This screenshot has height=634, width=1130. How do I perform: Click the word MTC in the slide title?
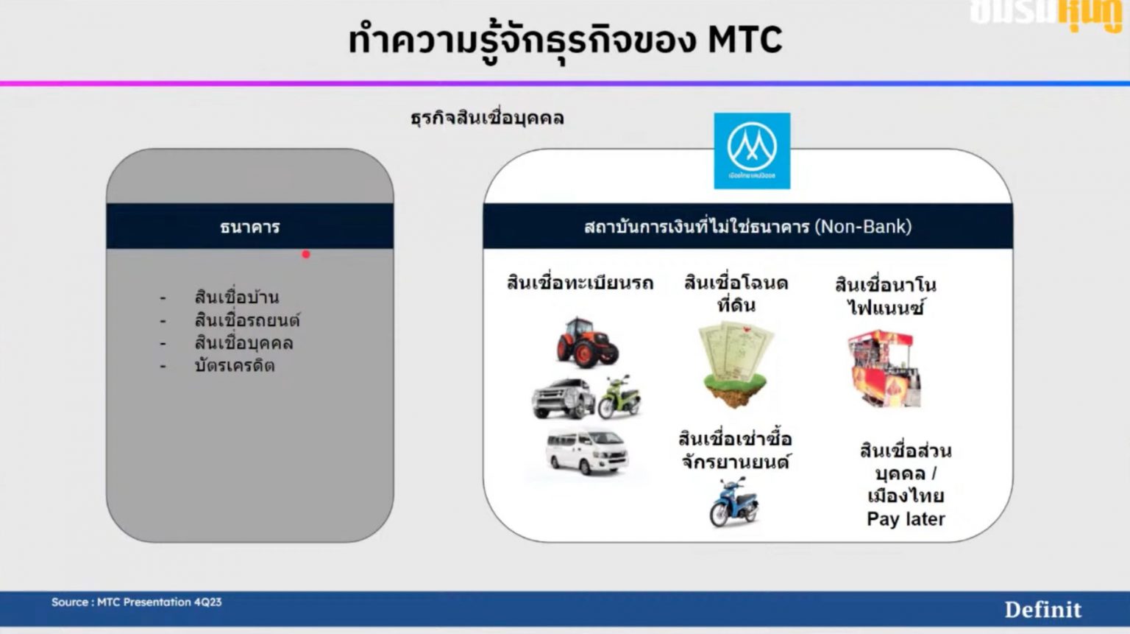click(745, 40)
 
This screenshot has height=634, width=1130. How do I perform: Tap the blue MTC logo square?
click(752, 151)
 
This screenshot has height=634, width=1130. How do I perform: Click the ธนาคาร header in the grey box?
click(250, 227)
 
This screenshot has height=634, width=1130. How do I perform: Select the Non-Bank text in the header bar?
click(864, 227)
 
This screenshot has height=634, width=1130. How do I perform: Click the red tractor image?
click(586, 342)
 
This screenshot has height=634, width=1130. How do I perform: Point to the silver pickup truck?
click(563, 398)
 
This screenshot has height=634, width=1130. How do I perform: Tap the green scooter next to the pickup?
click(619, 397)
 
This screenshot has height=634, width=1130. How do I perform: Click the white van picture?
click(587, 451)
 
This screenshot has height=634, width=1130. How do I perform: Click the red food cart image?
click(884, 367)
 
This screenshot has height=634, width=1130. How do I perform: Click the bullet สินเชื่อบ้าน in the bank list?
click(237, 297)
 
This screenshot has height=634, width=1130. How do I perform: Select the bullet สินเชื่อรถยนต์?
click(247, 320)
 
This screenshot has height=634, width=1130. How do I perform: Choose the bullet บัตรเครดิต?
click(235, 366)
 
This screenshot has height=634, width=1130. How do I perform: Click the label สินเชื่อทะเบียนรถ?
click(580, 283)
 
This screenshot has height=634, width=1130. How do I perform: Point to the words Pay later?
click(906, 519)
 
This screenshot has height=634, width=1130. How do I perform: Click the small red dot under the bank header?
click(306, 255)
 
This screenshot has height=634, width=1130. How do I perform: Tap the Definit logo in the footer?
click(1042, 610)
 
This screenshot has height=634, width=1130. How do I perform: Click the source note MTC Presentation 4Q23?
click(137, 602)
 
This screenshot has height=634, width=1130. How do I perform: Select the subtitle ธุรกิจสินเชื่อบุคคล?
click(487, 118)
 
